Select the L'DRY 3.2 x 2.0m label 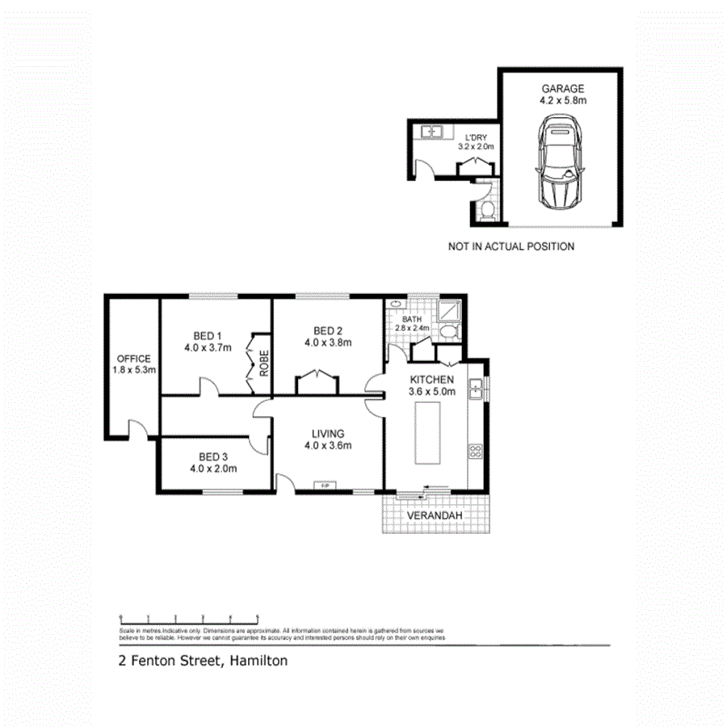(476, 142)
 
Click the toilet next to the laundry (485, 211)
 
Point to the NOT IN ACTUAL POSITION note (511, 246)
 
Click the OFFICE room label (134, 359)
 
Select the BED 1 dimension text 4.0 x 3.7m (207, 349)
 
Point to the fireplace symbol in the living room (325, 485)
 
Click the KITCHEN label (432, 380)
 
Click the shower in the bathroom (446, 310)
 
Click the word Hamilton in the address (258, 661)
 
